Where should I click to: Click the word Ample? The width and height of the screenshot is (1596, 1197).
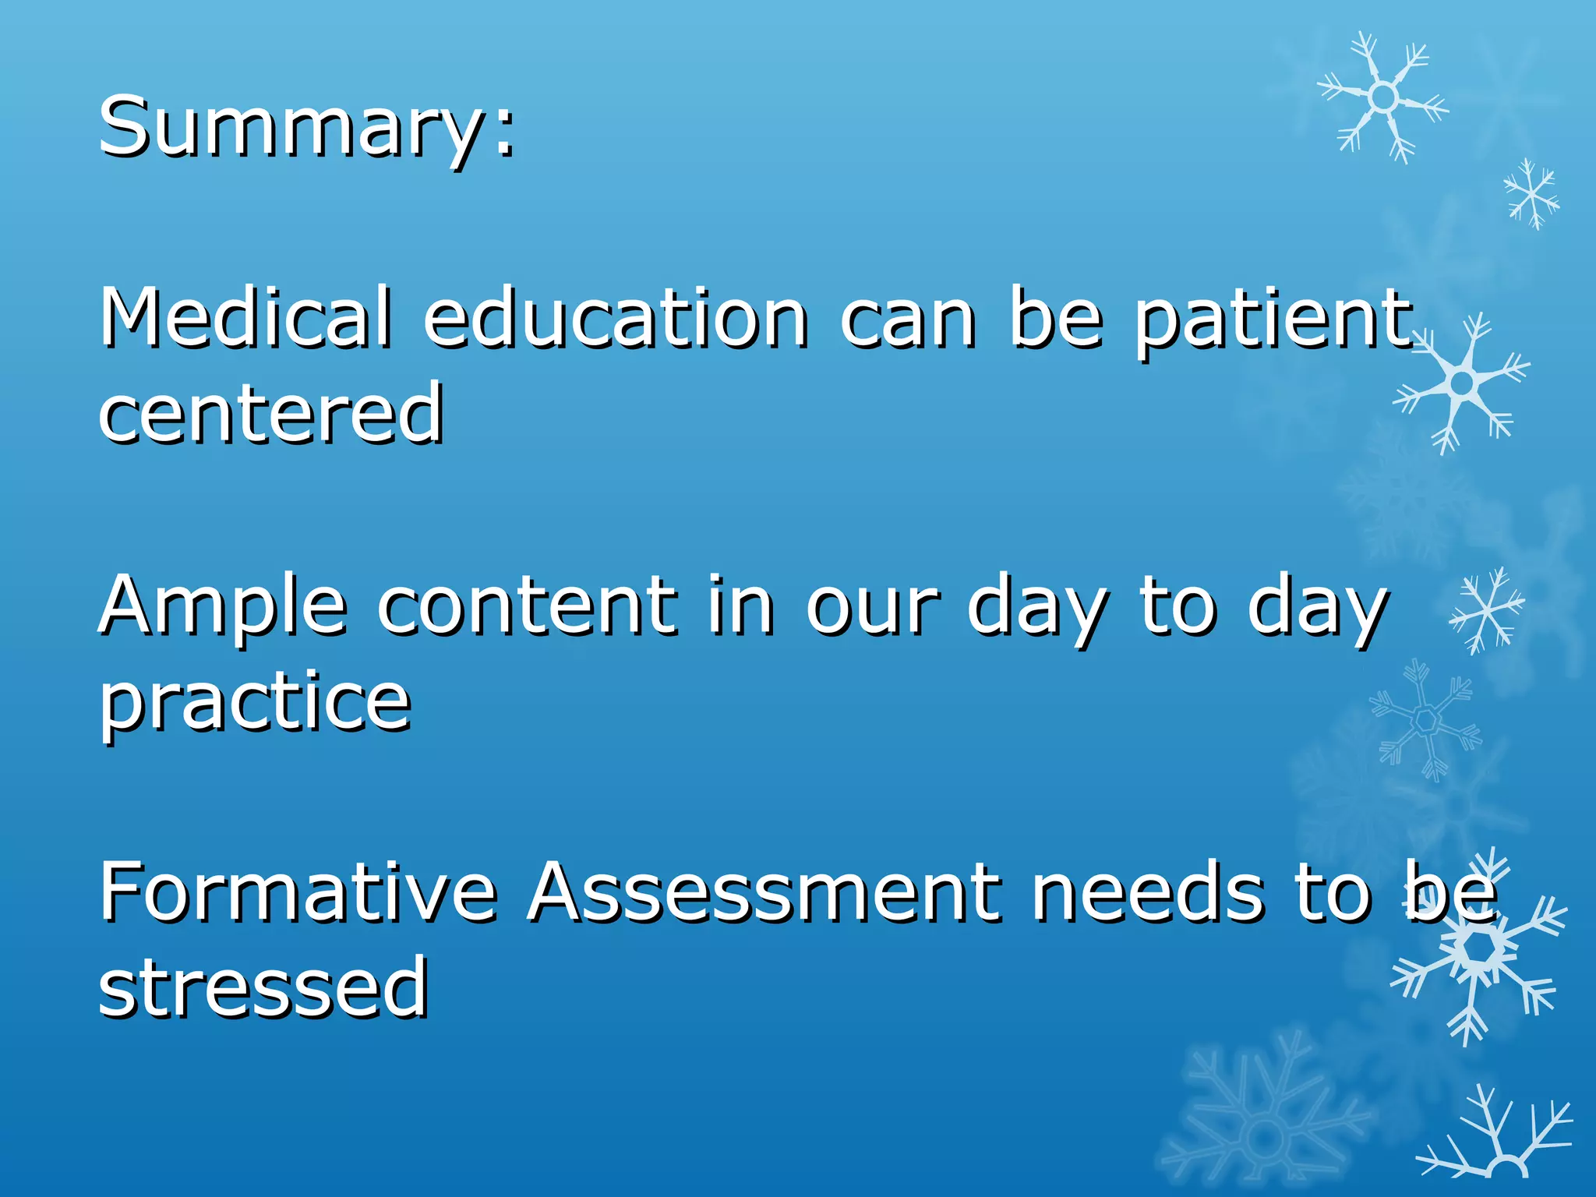pyautogui.click(x=222, y=606)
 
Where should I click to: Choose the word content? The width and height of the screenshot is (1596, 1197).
pyautogui.click(x=527, y=606)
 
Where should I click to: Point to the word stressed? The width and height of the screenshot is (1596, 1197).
pyautogui.click(x=263, y=988)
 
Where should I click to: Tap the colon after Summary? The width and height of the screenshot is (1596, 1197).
pyautogui.click(x=505, y=136)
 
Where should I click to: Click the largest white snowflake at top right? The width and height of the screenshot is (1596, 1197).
pyautogui.click(x=1383, y=97)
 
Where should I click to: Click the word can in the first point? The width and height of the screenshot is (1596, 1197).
pyautogui.click(x=907, y=320)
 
